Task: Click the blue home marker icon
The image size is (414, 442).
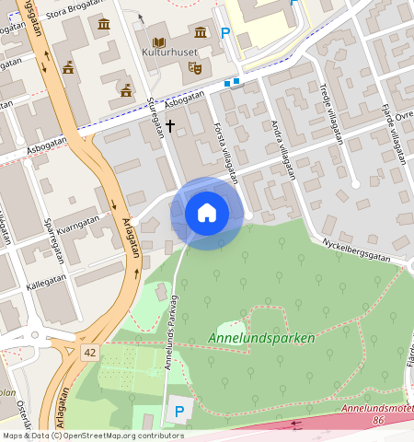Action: [207, 213]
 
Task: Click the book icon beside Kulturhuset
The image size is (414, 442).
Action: [159, 42]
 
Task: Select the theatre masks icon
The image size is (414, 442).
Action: [194, 67]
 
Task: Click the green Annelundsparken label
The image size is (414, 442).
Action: [261, 338]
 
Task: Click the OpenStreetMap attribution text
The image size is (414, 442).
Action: [92, 436]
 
